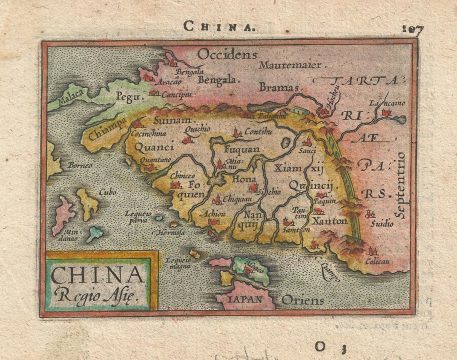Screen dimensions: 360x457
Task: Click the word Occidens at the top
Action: pos(227,52)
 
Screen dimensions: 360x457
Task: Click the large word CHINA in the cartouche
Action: pos(97,273)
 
